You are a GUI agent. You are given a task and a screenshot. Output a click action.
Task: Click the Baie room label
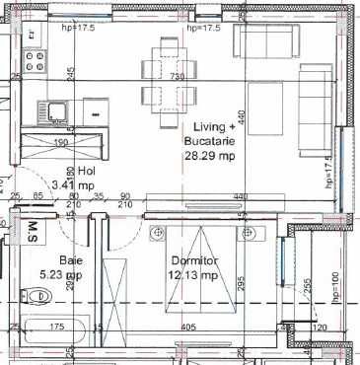click(69, 260)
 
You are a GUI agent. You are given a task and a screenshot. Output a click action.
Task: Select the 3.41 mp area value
click(73, 183)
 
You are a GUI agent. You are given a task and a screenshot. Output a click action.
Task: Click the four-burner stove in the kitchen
click(36, 63)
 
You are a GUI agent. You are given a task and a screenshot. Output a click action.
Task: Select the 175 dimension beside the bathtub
click(57, 325)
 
